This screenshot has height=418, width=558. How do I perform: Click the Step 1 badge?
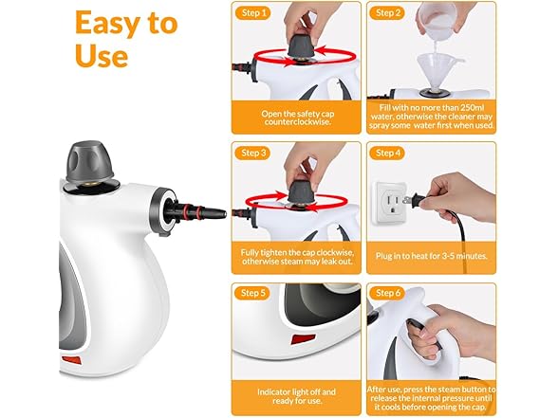tap(253, 13)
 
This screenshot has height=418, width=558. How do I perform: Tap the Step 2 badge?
tap(387, 13)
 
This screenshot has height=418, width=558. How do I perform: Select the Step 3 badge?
tap(253, 153)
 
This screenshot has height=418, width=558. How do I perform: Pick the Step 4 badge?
tap(387, 153)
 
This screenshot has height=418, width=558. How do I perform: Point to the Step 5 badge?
tap(253, 293)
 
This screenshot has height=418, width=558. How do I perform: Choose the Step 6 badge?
tap(387, 293)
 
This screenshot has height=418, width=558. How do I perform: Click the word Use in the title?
tap(102, 56)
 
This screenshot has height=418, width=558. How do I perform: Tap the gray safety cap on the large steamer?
tap(90, 161)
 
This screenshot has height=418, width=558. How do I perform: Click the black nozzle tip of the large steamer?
tap(217, 214)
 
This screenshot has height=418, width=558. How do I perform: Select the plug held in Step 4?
tap(414, 200)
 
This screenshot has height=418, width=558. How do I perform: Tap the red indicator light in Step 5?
tap(304, 338)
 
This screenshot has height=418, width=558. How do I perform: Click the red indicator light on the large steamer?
tap(71, 360)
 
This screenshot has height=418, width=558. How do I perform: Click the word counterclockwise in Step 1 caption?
tap(298, 122)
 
